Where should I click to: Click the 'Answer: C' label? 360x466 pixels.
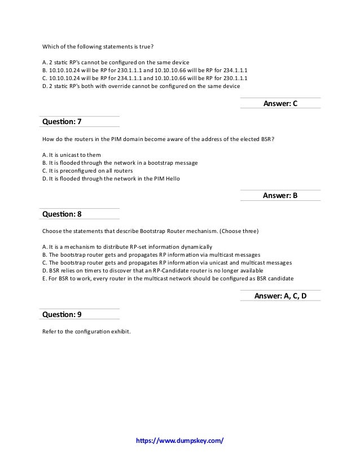280,103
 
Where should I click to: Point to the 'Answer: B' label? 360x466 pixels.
280,196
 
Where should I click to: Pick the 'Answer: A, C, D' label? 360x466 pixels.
280,296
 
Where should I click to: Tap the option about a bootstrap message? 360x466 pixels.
120,162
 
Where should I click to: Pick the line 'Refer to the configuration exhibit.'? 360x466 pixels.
87,332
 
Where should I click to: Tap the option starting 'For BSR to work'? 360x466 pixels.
168,279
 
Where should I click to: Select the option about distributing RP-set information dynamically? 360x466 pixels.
128,247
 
